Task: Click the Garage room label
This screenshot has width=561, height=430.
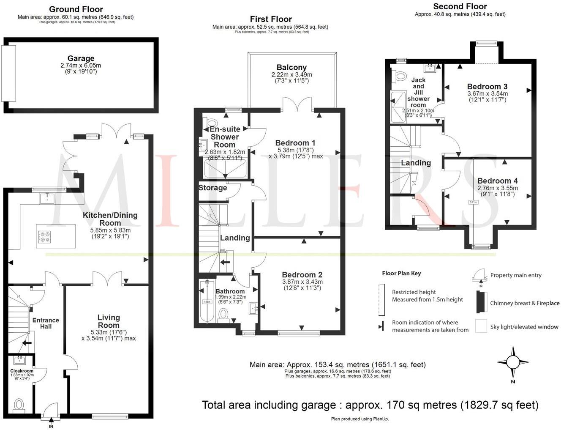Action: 81,58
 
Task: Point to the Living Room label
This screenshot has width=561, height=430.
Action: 109,321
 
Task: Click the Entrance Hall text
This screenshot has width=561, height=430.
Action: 46,323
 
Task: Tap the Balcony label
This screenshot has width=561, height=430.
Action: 291,67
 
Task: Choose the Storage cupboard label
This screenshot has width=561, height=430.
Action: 213,188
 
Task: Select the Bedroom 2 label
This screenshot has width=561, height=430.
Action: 302,275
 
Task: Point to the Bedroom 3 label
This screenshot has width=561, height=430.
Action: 487,87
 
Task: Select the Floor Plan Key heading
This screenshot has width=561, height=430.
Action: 401,273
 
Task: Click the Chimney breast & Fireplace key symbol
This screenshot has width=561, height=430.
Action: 480,302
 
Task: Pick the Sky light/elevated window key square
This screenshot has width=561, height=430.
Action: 481,326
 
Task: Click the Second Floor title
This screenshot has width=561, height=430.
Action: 460,6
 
